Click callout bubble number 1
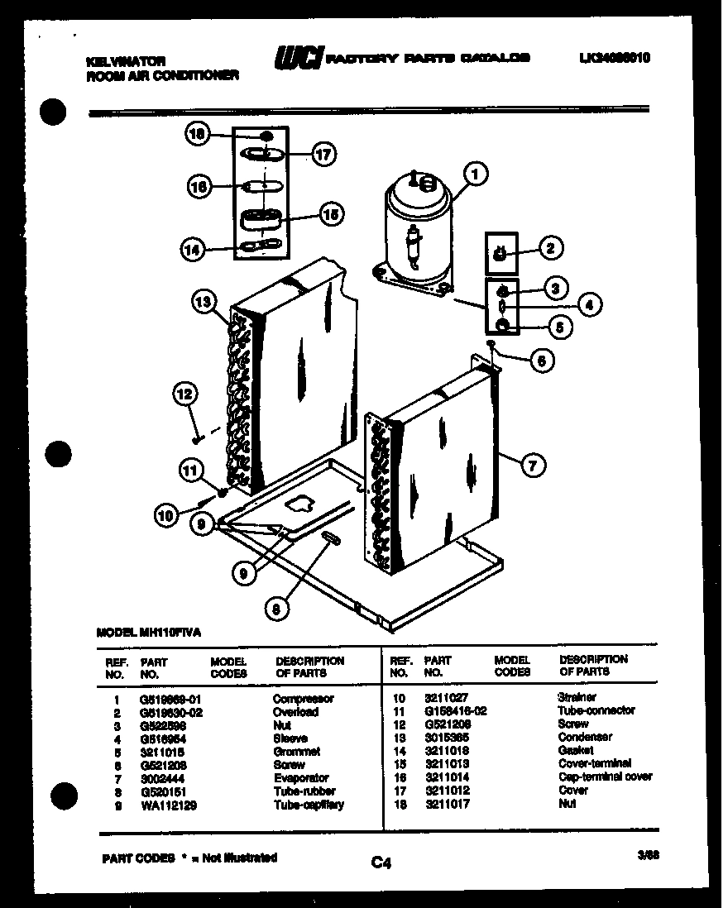(476, 174)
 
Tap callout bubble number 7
(533, 466)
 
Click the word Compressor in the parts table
(304, 699)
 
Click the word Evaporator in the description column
(301, 778)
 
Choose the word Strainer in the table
(577, 698)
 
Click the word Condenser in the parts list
(585, 737)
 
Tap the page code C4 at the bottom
(381, 863)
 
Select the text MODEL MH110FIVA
(148, 631)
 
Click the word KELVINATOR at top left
(126, 61)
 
